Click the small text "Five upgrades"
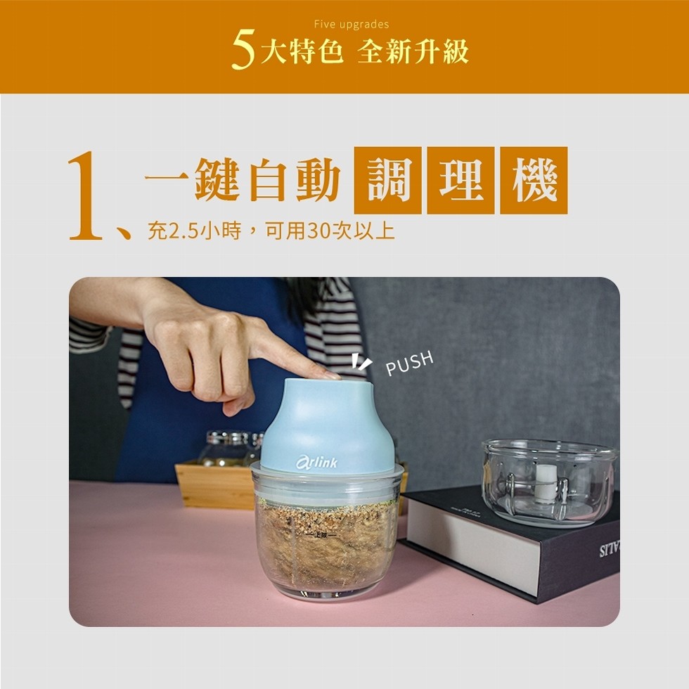[x=351, y=25]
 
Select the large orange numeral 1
[x=86, y=196]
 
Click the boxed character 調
[x=387, y=181]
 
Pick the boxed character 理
[x=461, y=181]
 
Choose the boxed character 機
[x=534, y=181]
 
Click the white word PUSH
[x=410, y=364]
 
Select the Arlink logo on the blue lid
[x=316, y=462]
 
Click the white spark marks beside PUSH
[x=361, y=363]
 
